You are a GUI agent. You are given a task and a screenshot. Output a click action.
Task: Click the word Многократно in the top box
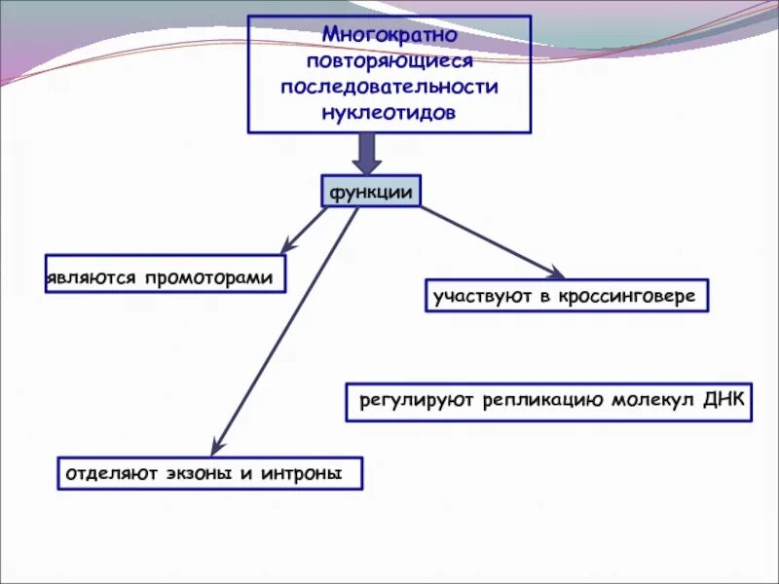[389, 35]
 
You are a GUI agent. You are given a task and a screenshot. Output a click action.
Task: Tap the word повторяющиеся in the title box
[389, 60]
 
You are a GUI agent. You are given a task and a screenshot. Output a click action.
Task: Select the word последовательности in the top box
[389, 87]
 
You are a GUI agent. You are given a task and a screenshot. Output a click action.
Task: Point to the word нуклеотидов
[389, 112]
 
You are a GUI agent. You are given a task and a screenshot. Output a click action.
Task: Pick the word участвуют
[479, 296]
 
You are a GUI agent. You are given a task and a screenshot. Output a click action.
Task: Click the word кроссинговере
[628, 296]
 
